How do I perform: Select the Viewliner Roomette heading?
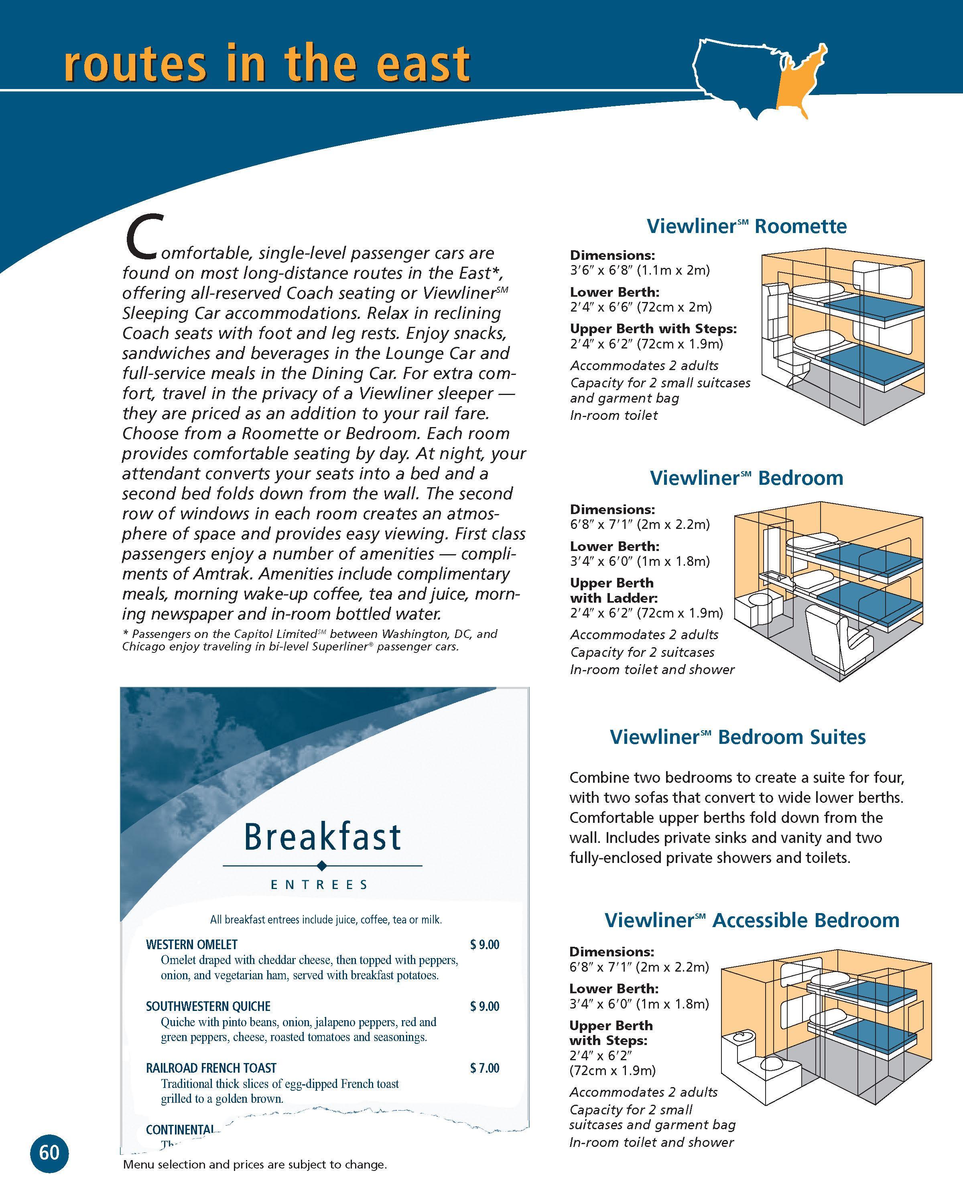tap(746, 226)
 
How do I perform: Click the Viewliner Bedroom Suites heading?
tap(737, 737)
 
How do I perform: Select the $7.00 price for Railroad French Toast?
tap(485, 1068)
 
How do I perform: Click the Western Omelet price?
tap(485, 945)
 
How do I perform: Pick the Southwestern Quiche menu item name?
tap(208, 1006)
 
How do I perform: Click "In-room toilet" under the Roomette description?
tap(614, 415)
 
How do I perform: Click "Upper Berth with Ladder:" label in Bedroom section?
tap(614, 590)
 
